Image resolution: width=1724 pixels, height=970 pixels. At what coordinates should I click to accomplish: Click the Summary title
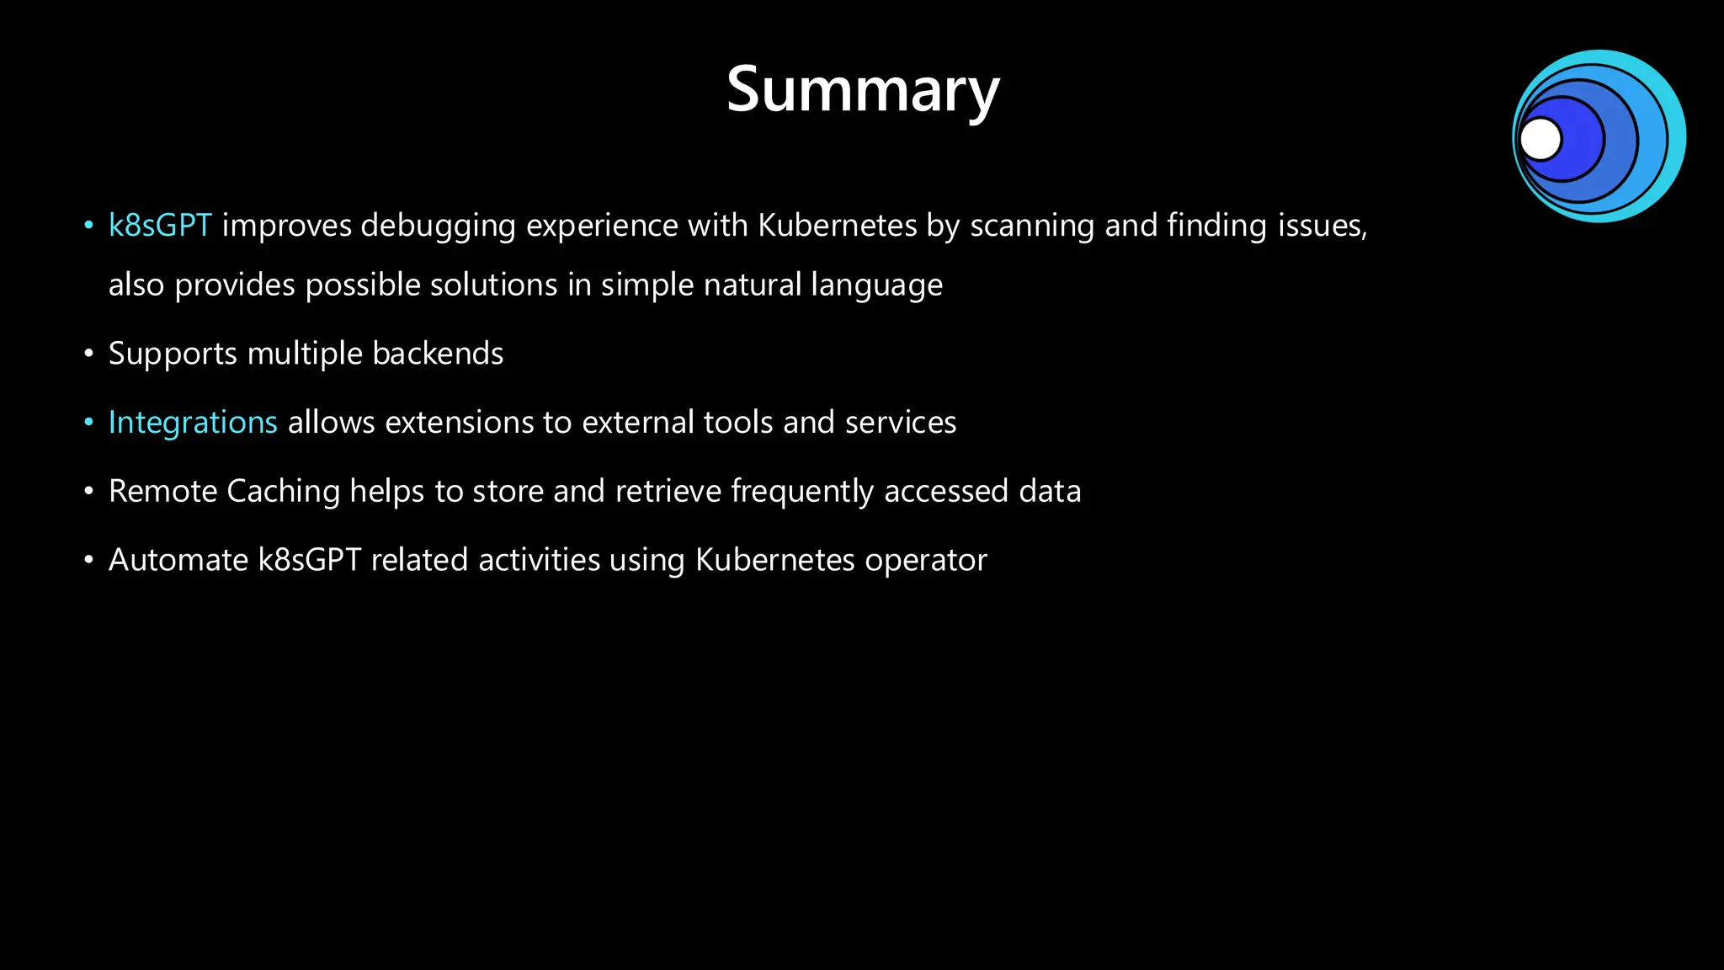tap(862, 90)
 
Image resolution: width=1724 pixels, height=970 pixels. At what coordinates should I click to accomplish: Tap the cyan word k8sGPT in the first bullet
tap(160, 226)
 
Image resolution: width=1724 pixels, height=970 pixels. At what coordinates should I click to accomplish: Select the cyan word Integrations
tap(193, 423)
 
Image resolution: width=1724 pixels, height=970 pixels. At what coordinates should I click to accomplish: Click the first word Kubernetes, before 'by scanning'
tap(837, 226)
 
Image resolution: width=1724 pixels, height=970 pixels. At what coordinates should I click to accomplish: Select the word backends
tap(438, 354)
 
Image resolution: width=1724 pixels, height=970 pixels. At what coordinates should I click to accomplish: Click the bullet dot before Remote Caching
tap(88, 491)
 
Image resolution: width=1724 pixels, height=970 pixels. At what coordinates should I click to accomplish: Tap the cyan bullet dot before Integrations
tap(88, 422)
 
